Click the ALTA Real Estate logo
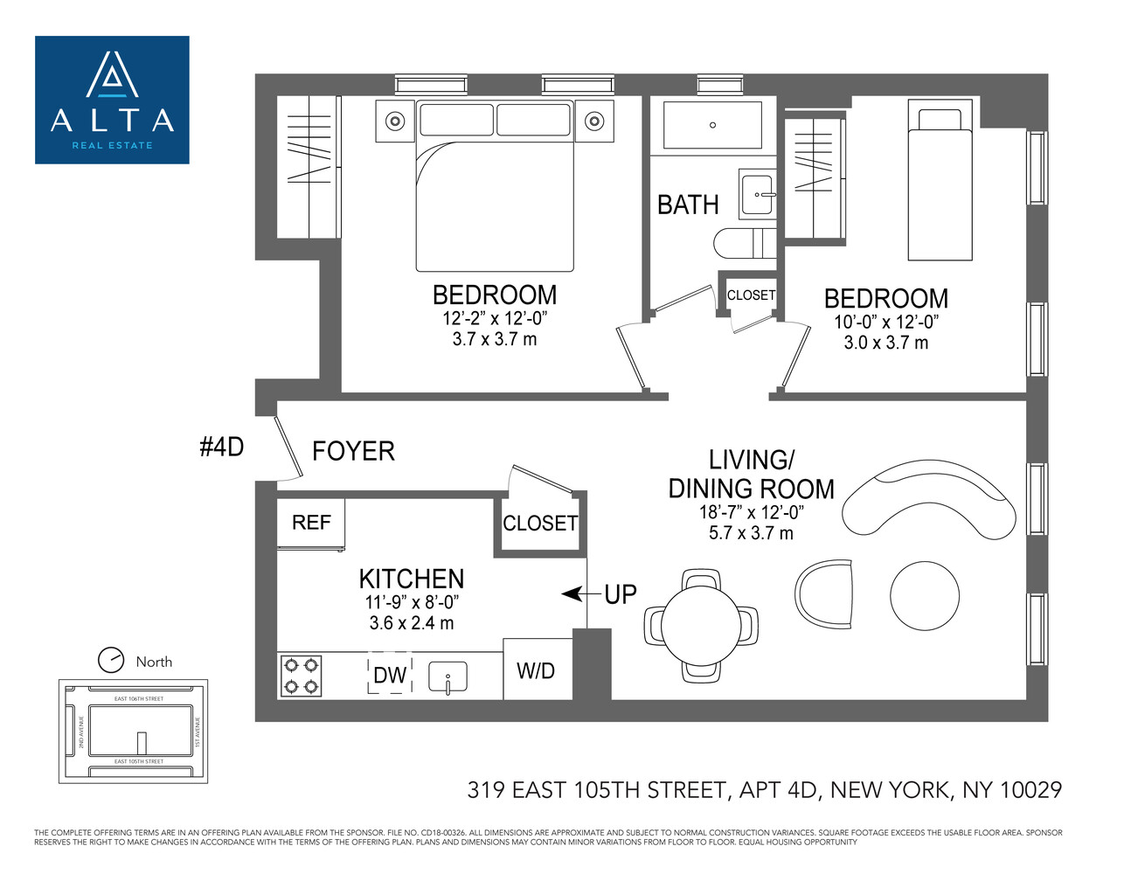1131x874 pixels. click(112, 100)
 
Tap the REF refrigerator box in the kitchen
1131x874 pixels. click(311, 523)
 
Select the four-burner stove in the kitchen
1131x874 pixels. click(301, 676)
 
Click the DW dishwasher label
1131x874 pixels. click(390, 676)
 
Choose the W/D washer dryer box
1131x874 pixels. click(537, 670)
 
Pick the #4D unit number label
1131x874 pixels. click(221, 447)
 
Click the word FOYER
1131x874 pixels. click(353, 451)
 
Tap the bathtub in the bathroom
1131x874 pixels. click(712, 125)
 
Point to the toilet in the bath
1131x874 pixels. click(743, 243)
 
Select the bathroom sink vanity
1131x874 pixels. click(758, 194)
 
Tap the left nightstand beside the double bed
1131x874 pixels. click(395, 121)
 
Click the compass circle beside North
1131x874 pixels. click(111, 660)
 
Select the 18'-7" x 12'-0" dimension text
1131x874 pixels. click(751, 512)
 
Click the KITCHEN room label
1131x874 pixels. click(411, 579)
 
